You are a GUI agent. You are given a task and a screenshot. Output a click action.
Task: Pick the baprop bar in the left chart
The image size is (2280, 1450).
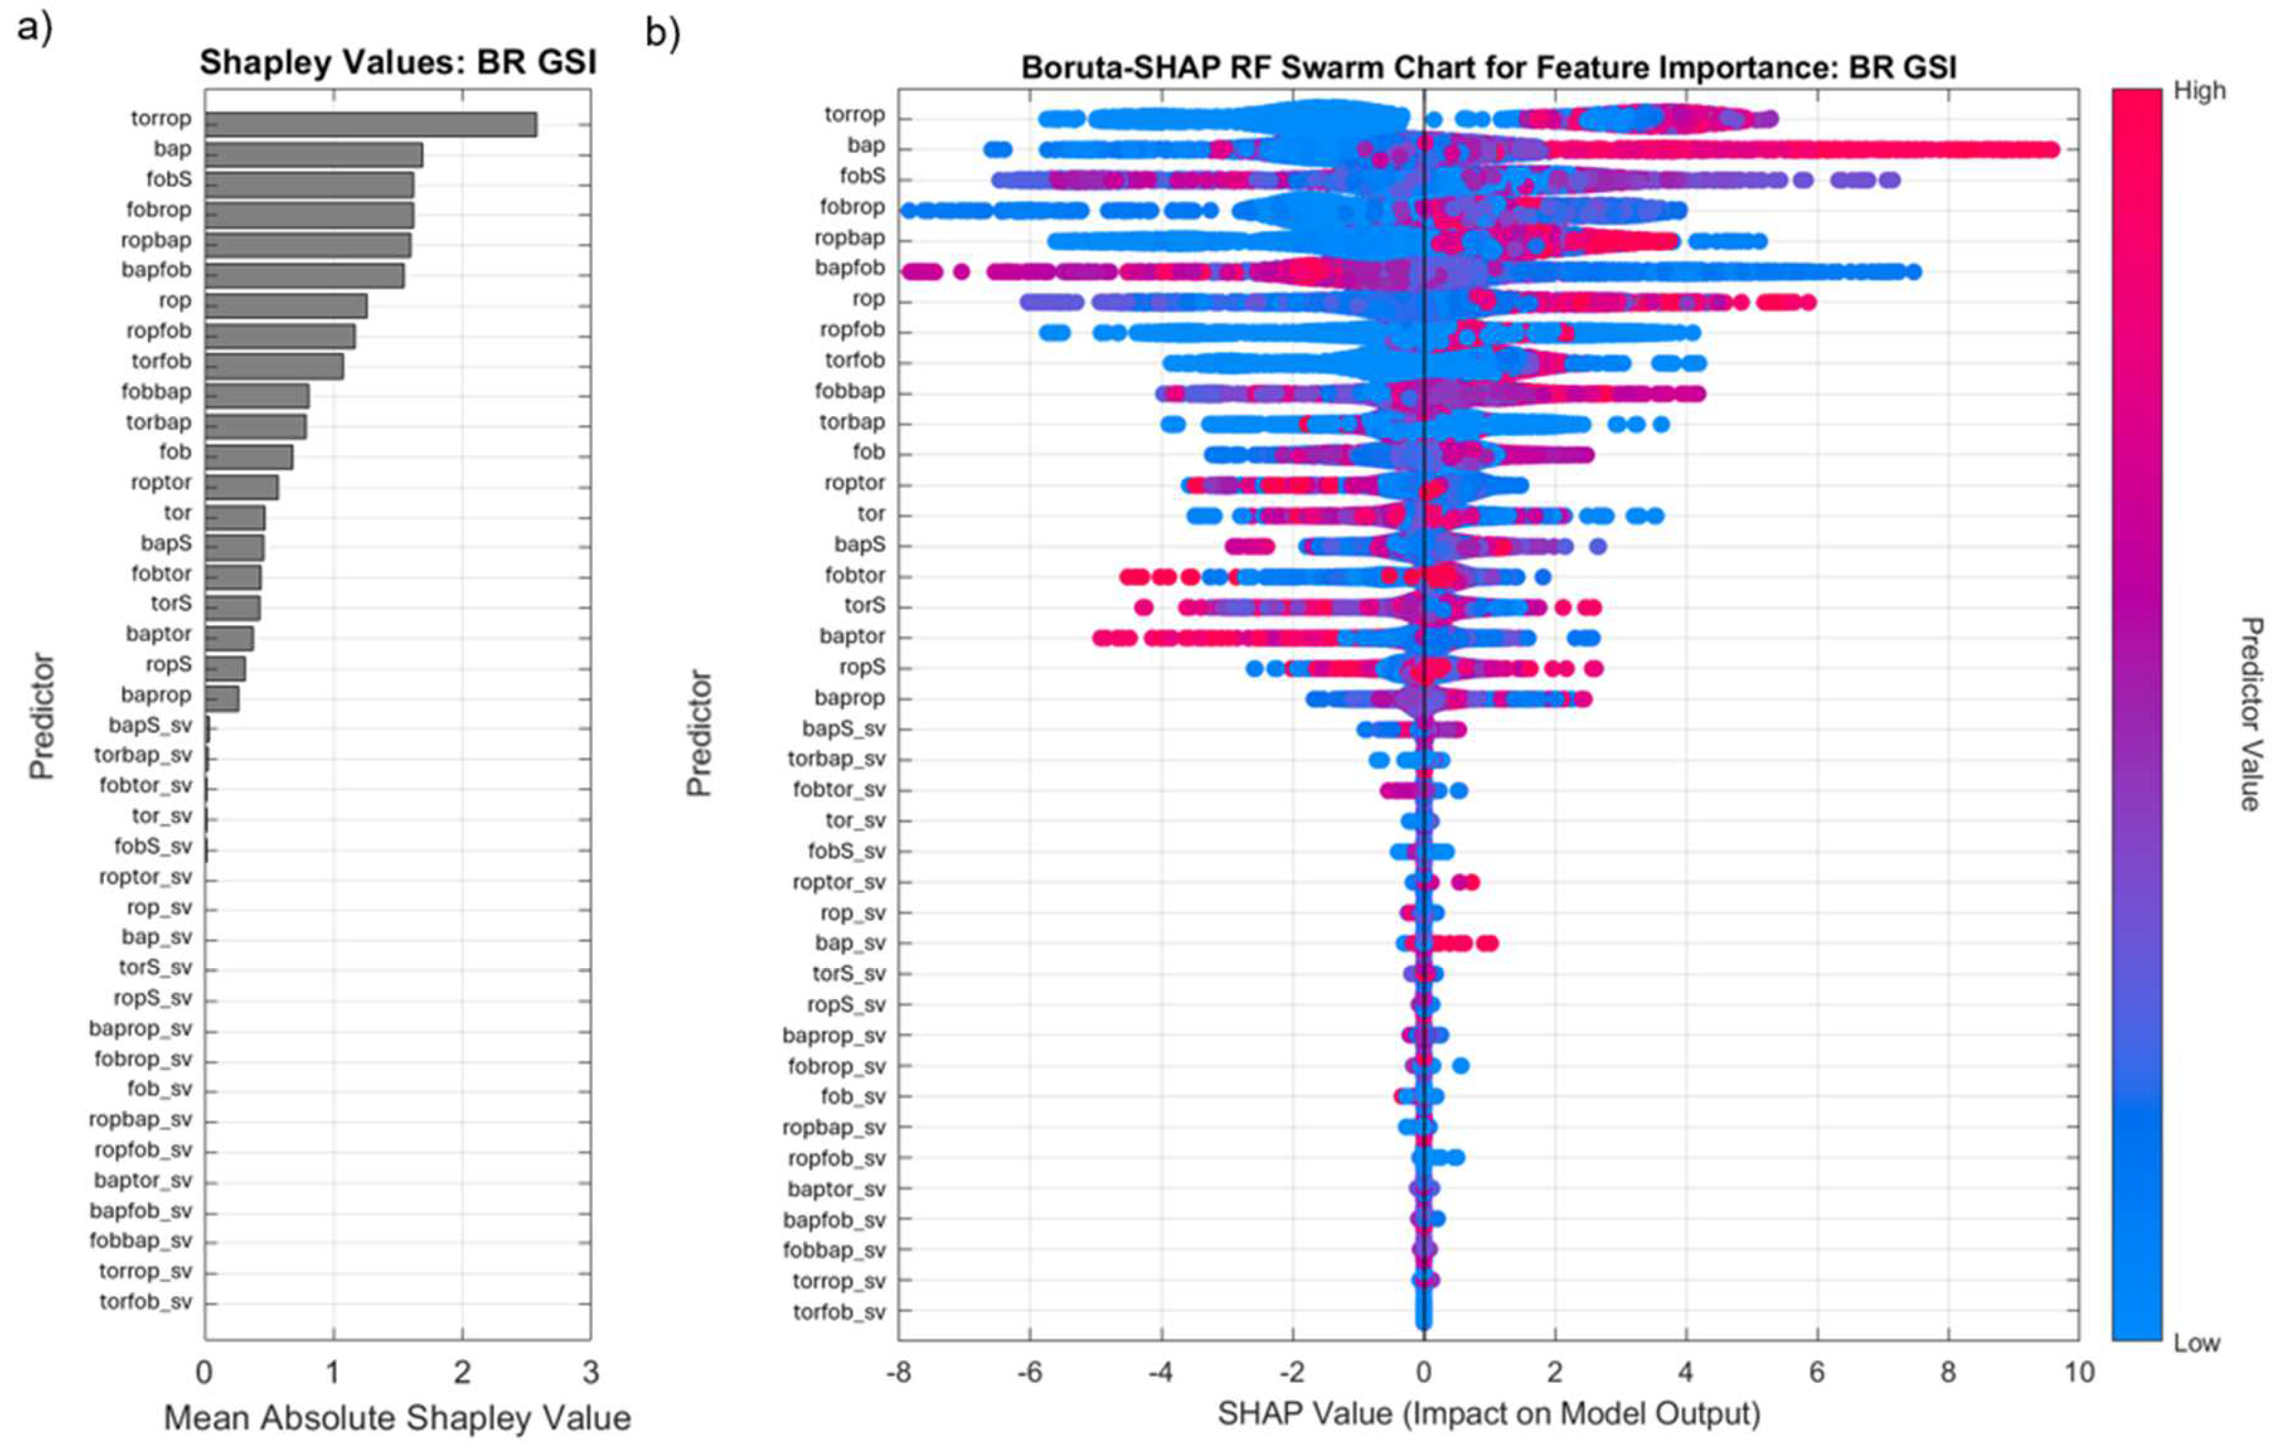222,699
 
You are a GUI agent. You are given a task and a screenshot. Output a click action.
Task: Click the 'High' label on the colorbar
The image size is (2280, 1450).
2198,91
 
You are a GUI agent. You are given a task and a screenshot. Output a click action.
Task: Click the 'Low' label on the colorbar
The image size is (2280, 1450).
2196,1343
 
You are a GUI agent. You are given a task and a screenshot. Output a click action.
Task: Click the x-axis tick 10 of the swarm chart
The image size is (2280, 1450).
2078,1372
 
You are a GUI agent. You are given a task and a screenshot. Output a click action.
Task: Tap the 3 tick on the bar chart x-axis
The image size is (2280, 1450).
591,1372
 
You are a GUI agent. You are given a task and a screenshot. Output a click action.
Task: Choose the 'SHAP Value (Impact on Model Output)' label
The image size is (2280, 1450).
1488,1413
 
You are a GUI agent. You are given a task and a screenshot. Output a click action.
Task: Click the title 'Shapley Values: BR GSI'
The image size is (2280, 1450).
398,62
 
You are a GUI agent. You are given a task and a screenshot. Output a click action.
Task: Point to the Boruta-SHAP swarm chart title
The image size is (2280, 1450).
1488,67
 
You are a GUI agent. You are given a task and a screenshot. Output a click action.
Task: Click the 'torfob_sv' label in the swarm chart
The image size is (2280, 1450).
839,1312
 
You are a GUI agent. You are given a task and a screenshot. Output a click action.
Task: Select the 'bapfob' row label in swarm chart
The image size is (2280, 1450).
849,268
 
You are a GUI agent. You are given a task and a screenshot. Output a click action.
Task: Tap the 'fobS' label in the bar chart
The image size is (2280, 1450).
169,179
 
